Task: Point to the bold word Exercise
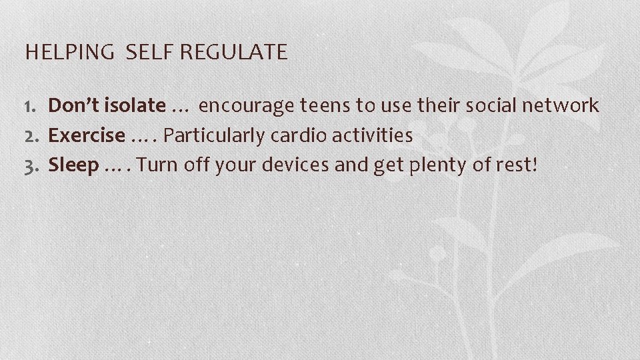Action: [x=87, y=135]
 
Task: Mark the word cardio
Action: [x=289, y=135]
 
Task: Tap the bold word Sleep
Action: [x=73, y=165]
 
